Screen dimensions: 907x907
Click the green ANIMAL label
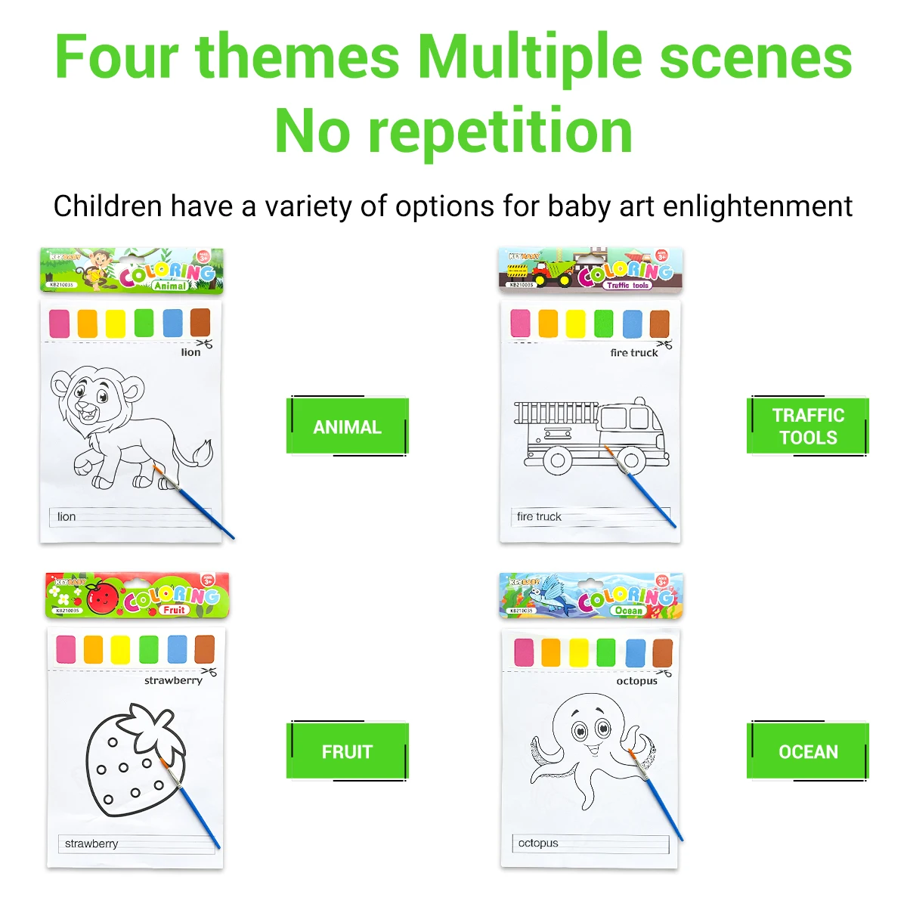tap(347, 427)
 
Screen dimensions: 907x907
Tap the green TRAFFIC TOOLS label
tap(807, 426)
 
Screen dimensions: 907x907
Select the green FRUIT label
tap(347, 751)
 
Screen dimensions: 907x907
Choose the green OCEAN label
tap(807, 751)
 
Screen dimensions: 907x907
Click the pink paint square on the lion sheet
tap(59, 323)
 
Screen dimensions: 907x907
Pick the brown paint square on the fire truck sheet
tap(659, 323)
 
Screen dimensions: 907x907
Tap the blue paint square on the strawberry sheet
tap(177, 649)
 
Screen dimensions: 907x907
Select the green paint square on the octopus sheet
tap(605, 652)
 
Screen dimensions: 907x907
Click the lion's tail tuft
tap(203, 453)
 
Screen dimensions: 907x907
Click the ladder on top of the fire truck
tap(556, 413)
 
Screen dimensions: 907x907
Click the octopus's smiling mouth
tap(595, 751)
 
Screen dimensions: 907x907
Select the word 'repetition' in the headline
tap(453, 132)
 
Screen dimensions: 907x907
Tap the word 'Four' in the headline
tap(117, 57)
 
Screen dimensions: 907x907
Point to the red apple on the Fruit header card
tap(103, 597)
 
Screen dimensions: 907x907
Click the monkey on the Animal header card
tap(94, 269)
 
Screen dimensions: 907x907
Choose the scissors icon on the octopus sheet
tap(664, 672)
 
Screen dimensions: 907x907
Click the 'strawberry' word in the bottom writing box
tap(91, 844)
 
